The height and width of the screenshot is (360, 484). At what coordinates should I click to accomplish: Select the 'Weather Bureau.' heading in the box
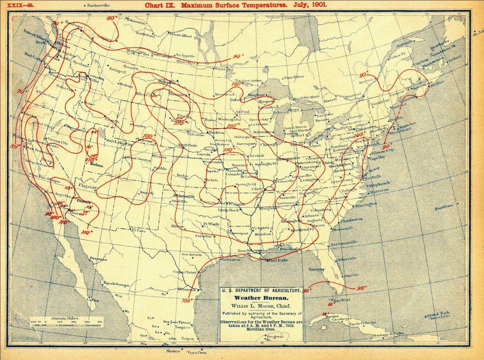point(260,297)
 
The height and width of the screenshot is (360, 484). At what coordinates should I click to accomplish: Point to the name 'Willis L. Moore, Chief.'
point(260,306)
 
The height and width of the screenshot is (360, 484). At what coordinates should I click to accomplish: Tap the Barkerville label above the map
point(99,6)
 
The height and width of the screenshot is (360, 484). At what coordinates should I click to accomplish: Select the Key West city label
point(342,300)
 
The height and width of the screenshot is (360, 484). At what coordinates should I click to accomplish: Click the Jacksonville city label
point(344,243)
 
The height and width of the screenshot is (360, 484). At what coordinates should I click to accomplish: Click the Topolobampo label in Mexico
point(116,283)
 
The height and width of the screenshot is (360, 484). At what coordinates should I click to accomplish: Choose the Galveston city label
point(231,260)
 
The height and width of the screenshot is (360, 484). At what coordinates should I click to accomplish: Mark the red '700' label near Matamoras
point(186,301)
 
